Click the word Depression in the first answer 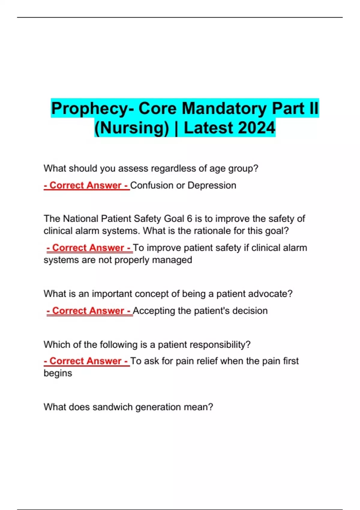[x=212, y=185]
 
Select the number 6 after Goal [x=189, y=218]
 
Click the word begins [x=58, y=373]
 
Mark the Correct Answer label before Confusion [x=86, y=185]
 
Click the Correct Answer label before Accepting [x=89, y=310]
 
